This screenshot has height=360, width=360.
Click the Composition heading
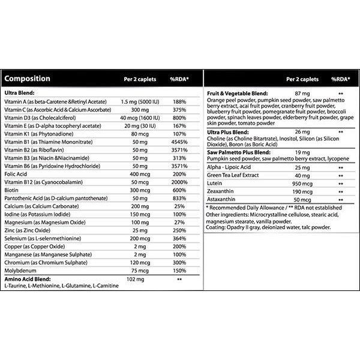(x=27, y=79)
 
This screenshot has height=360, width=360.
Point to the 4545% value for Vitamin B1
(x=179, y=142)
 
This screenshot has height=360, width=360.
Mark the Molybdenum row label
(x=22, y=270)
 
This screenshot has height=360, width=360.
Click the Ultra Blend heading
(x=20, y=92)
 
